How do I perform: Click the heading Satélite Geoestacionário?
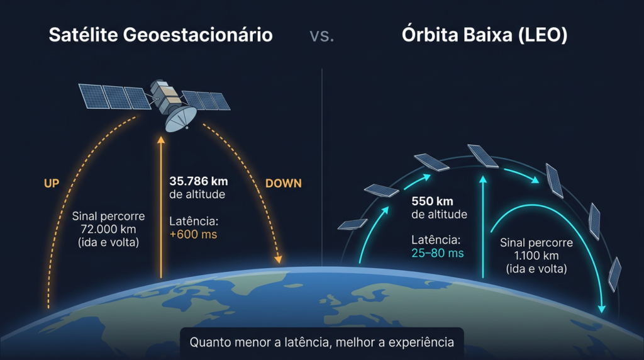pos(160,35)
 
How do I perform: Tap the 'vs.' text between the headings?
pos(322,36)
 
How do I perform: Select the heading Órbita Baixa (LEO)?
pos(484,35)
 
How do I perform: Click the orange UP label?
pos(52,183)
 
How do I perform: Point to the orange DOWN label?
pos(283,184)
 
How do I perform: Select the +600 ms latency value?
pos(193,235)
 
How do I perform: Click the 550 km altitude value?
pos(432,201)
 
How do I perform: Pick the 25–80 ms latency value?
pos(438,253)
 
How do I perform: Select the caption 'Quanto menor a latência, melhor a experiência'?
pos(321,343)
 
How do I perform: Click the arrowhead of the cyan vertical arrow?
pos(483,180)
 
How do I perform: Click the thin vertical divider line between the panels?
pos(322,157)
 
